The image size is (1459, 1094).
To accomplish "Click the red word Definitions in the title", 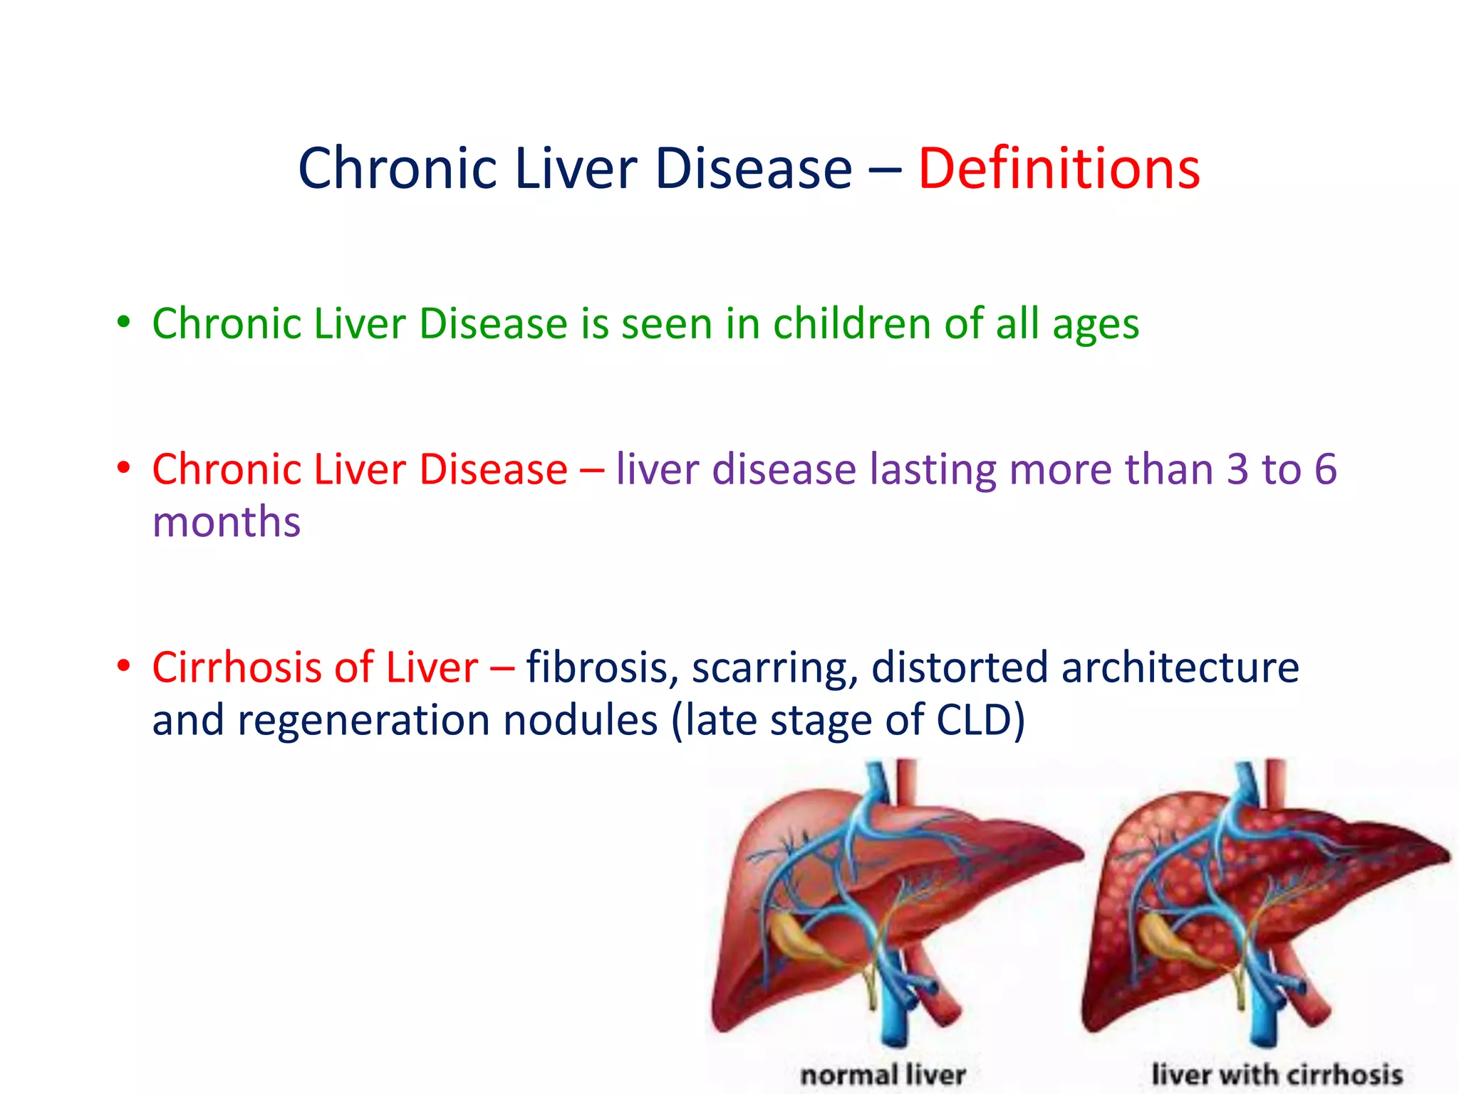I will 1059,170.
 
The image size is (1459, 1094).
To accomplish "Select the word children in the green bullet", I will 852,324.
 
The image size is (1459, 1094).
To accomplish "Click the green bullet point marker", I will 124,322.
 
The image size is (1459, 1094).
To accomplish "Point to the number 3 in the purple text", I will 1237,469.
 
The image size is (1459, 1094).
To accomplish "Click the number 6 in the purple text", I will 1325,469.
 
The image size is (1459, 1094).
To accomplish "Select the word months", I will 227,522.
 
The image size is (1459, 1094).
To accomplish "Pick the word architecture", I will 1180,668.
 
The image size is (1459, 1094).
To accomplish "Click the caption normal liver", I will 883,1074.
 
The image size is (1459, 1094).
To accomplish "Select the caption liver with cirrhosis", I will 1277,1074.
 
